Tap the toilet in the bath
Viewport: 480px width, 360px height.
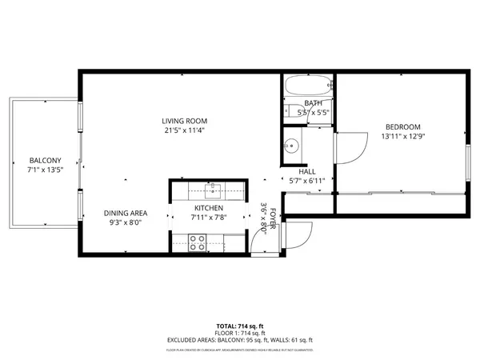[291, 111]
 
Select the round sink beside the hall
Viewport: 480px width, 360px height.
[292, 146]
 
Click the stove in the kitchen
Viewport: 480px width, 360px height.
[197, 242]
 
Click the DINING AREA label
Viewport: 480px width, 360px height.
[125, 214]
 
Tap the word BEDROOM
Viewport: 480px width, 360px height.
[402, 127]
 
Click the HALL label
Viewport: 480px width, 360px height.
[307, 172]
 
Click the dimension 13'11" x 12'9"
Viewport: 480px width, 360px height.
[402, 137]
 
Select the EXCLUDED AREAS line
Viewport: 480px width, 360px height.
[240, 340]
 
